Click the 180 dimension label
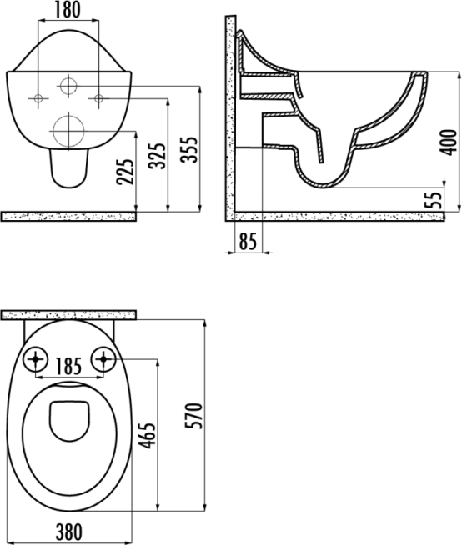(x=68, y=10)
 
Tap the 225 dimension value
(x=125, y=172)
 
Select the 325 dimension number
(x=157, y=156)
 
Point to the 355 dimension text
(x=189, y=149)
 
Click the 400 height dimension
(x=448, y=142)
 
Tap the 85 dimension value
(x=248, y=241)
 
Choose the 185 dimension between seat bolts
(x=68, y=366)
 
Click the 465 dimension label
(x=147, y=436)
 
